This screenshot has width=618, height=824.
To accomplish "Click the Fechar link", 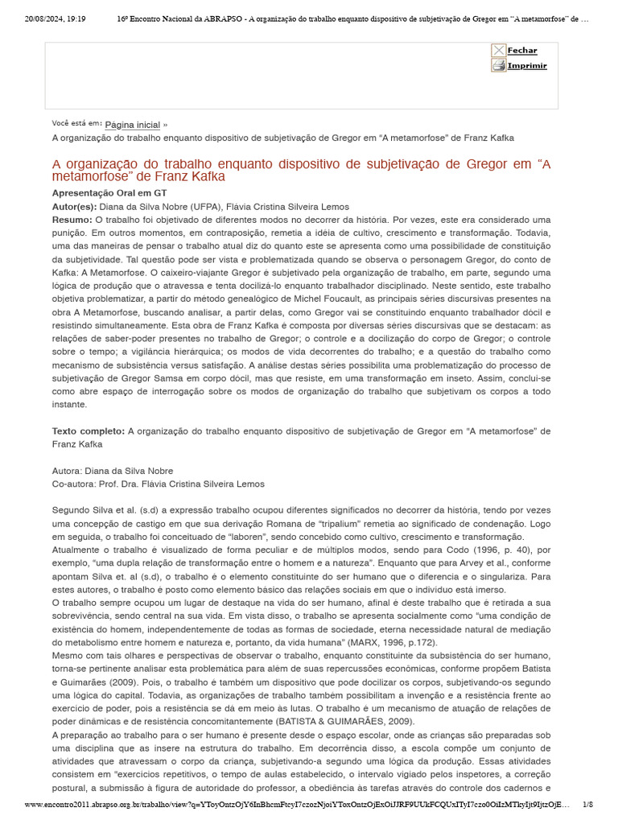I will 522,51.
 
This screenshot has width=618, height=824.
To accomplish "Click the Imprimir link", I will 527,66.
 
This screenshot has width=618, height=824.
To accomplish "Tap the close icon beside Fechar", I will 499,51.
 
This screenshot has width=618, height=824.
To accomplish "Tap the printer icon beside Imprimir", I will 499,66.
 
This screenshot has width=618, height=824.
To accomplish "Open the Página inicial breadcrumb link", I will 132,125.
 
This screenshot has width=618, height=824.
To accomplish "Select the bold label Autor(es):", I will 74,207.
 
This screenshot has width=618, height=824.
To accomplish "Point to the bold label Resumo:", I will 72,220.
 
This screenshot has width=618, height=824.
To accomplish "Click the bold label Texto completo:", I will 88,431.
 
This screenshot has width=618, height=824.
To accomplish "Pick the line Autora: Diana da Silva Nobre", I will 113,471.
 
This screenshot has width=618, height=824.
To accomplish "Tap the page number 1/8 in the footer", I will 587,804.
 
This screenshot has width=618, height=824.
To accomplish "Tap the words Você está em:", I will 76,123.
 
